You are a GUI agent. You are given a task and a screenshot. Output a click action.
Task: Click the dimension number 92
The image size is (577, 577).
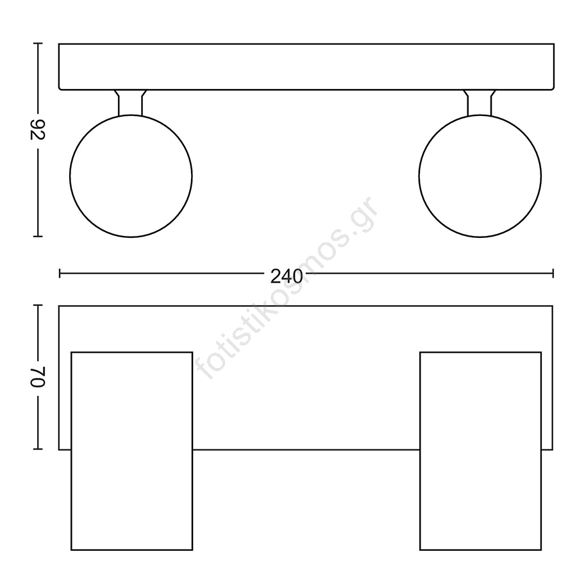click(37, 130)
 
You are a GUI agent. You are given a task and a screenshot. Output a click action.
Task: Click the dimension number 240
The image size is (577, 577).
click(287, 276)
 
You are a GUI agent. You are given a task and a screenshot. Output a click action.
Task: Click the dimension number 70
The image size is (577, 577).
click(37, 377)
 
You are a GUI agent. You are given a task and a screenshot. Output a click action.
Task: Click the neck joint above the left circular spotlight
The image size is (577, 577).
click(130, 103)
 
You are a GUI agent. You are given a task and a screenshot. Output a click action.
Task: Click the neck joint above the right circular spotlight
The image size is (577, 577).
click(480, 103)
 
